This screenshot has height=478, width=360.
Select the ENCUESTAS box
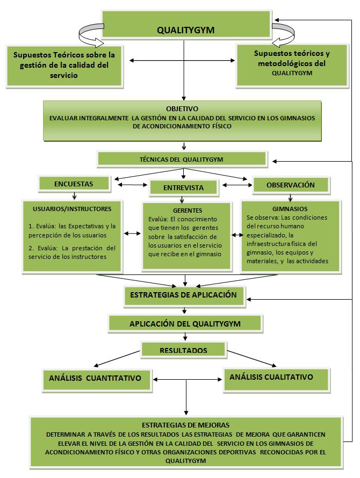point(74,184)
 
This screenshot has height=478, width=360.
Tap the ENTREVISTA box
point(184,187)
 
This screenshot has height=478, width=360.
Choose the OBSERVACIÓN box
point(291,185)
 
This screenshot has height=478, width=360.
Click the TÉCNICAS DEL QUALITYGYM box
point(182,159)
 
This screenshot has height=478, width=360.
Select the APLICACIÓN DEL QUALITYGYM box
point(185,324)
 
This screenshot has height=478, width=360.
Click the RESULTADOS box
point(184,350)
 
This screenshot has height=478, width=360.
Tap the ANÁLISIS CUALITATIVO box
point(277,380)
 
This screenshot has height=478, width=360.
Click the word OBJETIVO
point(182,109)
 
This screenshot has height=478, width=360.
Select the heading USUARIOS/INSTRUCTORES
point(72,209)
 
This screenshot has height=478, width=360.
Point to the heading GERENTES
point(188,211)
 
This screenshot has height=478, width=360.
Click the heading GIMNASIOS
point(290,209)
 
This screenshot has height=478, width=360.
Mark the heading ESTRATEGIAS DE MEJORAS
point(185,425)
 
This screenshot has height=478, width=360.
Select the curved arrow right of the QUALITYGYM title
point(283,35)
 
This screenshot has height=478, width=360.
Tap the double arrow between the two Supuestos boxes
point(182,60)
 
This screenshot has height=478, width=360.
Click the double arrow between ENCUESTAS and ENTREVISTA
point(133,184)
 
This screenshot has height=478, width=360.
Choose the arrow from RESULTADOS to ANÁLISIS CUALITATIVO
point(252,359)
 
